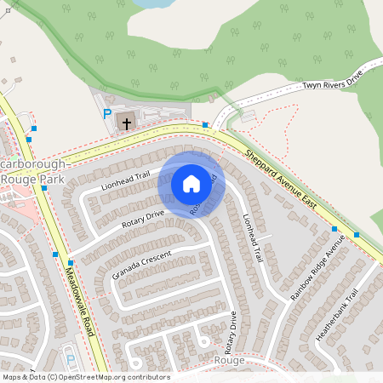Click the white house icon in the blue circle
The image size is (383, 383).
click(191, 183)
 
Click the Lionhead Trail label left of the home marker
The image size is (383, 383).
click(124, 179)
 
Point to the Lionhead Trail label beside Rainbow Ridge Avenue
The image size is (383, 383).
click(254, 242)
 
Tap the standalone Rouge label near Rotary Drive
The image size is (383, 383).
click(229, 360)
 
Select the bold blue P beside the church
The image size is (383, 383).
click(107, 114)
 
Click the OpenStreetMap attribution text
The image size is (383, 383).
click(85, 377)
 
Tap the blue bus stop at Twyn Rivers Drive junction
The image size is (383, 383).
click(205, 125)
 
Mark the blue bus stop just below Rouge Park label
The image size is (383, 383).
click(43, 188)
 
